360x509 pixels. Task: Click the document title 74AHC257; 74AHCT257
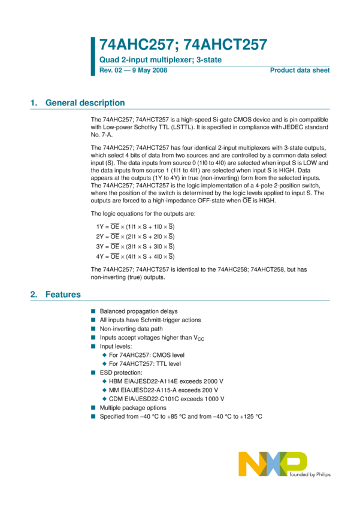(183, 45)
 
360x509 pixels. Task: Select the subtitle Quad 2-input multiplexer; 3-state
(155, 61)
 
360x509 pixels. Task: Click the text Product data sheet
(300, 71)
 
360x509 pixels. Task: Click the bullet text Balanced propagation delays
(138, 311)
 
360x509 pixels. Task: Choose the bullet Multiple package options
(133, 408)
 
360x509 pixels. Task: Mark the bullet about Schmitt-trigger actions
(150, 320)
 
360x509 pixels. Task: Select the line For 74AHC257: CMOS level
(147, 355)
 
